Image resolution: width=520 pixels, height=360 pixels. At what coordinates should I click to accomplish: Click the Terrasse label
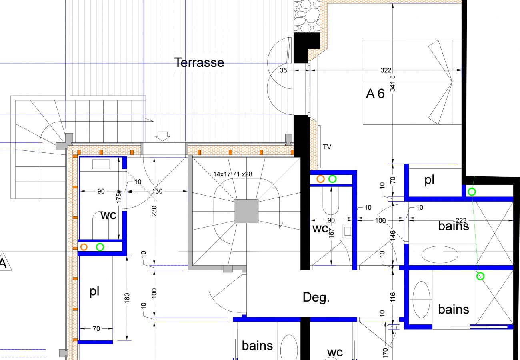199,62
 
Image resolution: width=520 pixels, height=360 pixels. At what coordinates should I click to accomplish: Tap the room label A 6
375,94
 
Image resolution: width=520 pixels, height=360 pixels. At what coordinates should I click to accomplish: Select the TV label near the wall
327,147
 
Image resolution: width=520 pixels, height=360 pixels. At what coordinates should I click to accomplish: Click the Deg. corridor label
316,297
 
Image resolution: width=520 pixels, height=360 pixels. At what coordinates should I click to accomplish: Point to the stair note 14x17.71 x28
233,174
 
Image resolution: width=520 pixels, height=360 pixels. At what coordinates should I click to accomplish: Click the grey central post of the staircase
246,211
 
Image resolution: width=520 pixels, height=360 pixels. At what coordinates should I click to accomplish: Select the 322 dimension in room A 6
386,70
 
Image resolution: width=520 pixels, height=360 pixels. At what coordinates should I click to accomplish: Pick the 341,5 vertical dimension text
392,83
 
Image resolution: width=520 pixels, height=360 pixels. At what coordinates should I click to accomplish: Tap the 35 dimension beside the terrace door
283,70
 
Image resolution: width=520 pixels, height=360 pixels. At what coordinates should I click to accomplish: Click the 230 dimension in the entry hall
154,211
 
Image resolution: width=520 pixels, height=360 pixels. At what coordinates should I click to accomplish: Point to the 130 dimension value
157,191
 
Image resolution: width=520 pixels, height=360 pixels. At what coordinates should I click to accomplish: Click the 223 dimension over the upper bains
461,220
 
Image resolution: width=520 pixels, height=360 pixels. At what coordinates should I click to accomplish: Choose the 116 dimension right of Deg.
392,297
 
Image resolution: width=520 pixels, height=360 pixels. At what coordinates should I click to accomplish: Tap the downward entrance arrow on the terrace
162,136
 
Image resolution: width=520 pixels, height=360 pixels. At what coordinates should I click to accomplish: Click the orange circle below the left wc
84,247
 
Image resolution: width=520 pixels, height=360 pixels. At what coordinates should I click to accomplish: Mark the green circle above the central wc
332,179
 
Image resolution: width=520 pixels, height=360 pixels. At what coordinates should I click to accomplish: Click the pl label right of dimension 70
429,180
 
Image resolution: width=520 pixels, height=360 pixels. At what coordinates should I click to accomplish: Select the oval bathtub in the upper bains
440,254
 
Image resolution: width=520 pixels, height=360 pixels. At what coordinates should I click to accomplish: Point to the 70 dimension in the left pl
96,329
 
